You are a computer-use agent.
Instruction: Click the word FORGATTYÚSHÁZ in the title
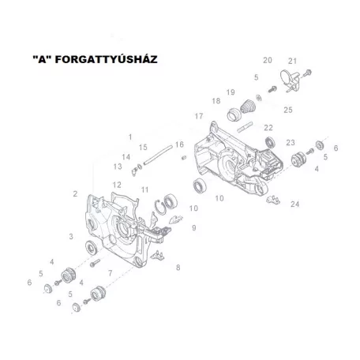tap(106, 59)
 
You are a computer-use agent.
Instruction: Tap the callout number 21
tap(292, 61)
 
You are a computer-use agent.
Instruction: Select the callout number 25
tap(288, 110)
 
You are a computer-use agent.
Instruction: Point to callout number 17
tap(199, 116)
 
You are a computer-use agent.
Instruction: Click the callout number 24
tap(294, 204)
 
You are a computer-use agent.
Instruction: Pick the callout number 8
tap(178, 268)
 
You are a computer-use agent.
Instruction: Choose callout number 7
tap(111, 273)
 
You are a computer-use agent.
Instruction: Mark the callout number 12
tap(117, 185)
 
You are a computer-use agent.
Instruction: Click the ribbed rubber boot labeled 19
tap(248, 107)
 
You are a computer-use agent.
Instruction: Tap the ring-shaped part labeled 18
tap(233, 114)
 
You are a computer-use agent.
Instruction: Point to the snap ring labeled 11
tap(160, 208)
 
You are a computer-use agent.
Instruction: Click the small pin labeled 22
tap(245, 126)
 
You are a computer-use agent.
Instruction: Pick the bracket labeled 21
tap(290, 81)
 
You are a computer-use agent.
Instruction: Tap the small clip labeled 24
tap(273, 200)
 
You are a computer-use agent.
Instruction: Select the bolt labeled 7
tap(95, 263)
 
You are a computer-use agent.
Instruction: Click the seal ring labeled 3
tap(92, 247)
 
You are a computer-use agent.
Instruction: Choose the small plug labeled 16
tap(184, 158)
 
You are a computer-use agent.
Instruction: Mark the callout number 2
tap(75, 194)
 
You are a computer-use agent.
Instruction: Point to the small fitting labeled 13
tap(134, 171)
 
